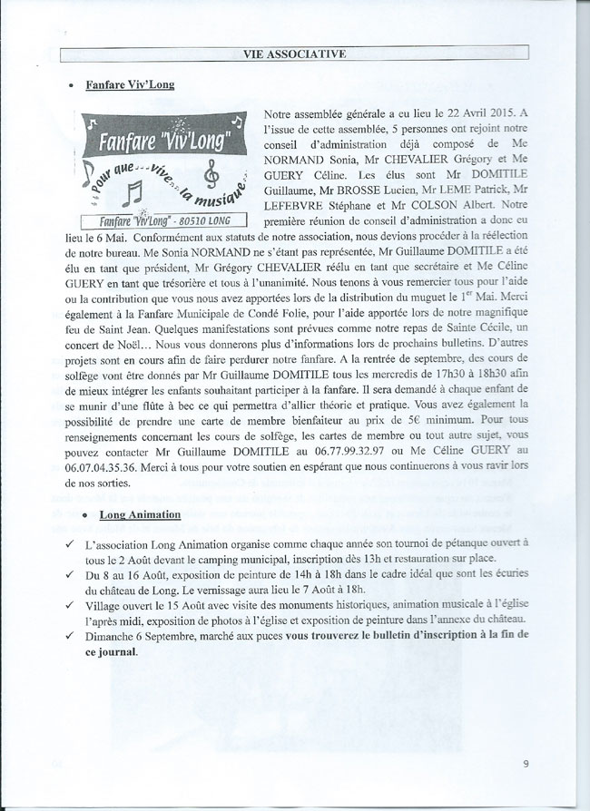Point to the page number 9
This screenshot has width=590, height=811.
click(x=526, y=764)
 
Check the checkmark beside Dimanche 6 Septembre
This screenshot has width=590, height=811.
click(x=84, y=634)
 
